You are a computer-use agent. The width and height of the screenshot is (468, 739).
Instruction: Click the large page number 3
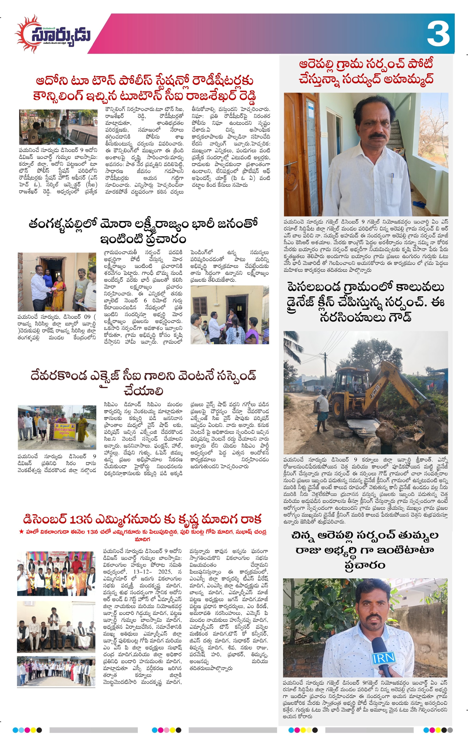click(438, 34)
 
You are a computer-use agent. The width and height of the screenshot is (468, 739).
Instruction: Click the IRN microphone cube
click(383, 658)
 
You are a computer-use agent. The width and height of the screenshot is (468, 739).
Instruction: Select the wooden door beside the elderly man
click(301, 153)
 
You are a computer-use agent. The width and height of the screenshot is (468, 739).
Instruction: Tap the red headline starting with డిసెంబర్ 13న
click(142, 519)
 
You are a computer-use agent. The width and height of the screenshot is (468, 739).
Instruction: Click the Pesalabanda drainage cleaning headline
click(365, 302)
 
